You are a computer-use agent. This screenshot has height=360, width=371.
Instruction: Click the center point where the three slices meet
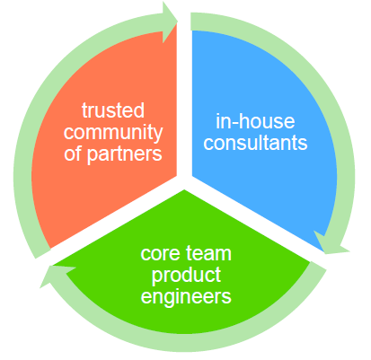click(186, 189)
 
